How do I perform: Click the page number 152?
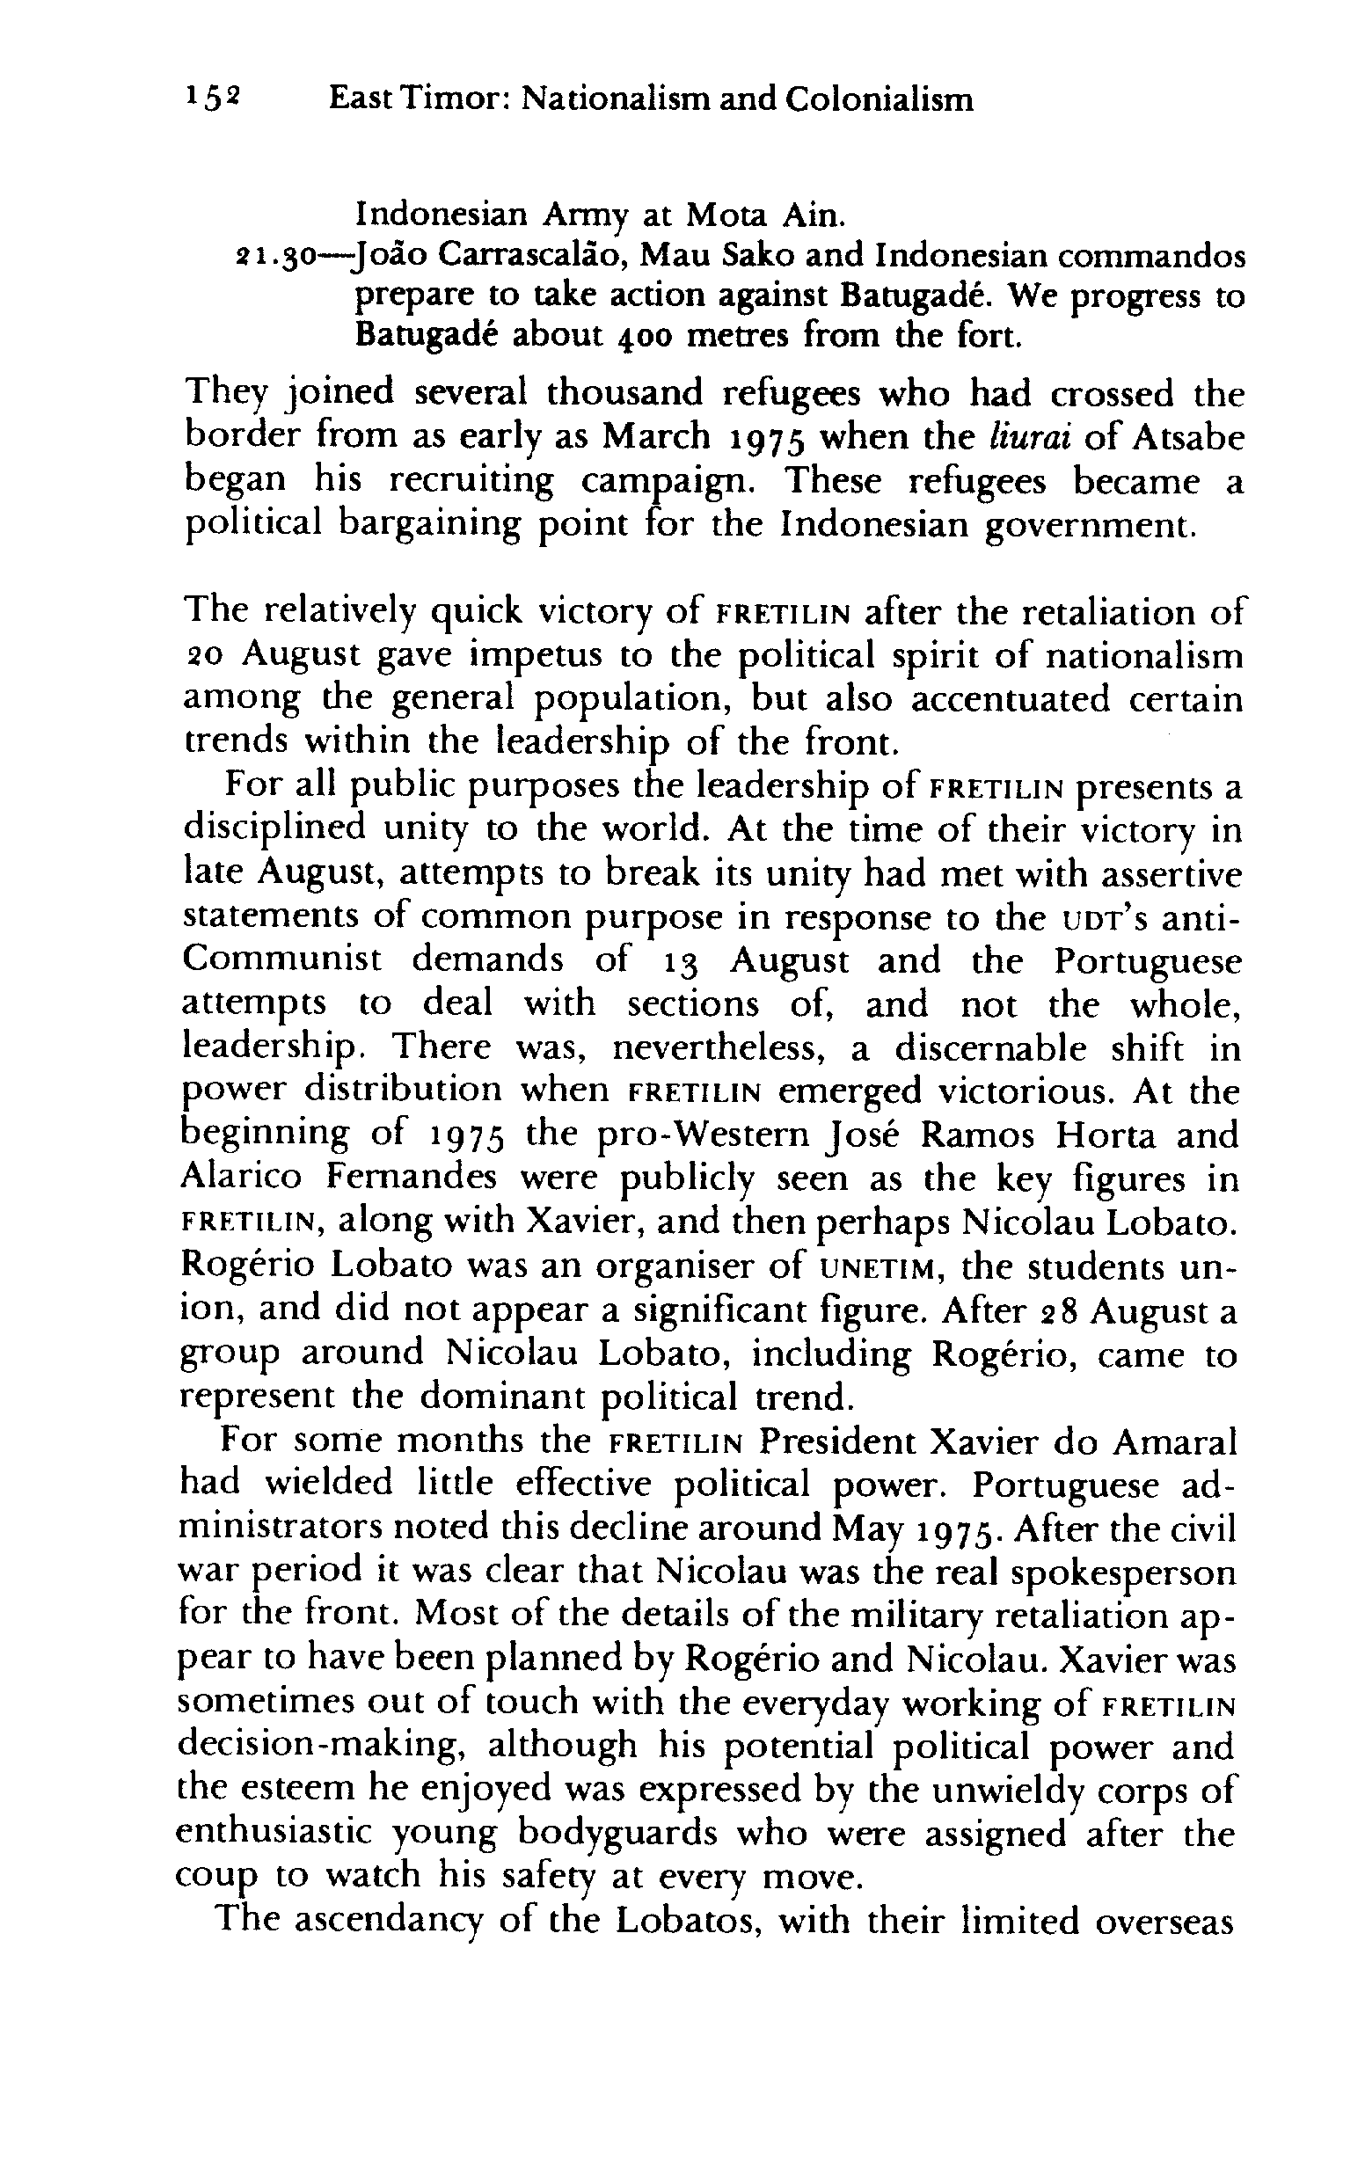(x=212, y=98)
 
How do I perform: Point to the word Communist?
(x=282, y=960)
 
